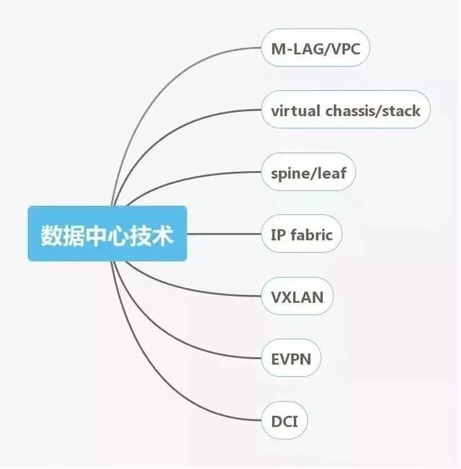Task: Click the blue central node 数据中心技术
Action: (107, 234)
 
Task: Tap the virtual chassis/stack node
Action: (345, 110)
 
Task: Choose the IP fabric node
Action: (301, 234)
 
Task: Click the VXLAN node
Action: (297, 297)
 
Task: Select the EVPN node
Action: (291, 358)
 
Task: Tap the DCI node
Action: (284, 420)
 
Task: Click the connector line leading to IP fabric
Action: (223, 234)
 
